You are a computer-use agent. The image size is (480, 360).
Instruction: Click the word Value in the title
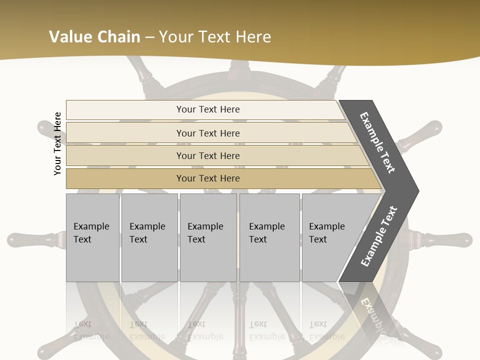70,37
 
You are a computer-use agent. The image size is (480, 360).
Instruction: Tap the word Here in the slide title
253,37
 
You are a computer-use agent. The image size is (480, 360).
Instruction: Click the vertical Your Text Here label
57,143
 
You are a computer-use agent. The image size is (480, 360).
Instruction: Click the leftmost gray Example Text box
92,237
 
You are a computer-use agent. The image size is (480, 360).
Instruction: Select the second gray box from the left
149,237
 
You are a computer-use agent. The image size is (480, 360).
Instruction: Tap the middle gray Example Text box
208,237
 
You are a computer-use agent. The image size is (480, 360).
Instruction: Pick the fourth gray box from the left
269,237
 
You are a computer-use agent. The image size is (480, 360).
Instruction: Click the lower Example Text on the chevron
379,236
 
